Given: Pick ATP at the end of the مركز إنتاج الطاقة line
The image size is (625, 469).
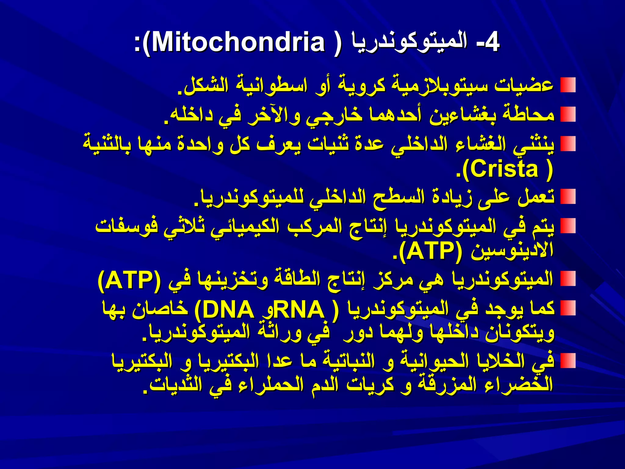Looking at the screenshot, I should click(129, 280).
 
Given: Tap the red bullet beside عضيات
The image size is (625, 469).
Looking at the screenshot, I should click(568, 85).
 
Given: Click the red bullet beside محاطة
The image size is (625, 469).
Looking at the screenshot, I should click(568, 114).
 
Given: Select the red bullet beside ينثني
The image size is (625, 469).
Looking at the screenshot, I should click(568, 144).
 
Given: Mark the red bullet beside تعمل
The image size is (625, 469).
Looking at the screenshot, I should click(568, 197).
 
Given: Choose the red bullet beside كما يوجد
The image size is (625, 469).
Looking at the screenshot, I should click(568, 308).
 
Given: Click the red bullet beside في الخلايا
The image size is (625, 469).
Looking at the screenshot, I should click(568, 361).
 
